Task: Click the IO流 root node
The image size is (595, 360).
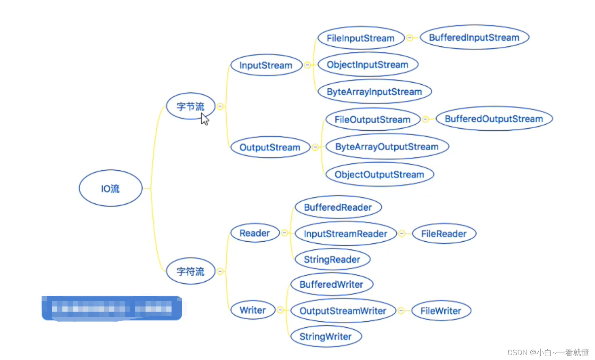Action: pos(110,188)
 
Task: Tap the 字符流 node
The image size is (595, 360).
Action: pos(190,271)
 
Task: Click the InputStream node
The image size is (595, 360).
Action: pos(266,65)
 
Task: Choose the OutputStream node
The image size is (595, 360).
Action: pos(270,147)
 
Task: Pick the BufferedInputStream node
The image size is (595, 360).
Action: pos(474,38)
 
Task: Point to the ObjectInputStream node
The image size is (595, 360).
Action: pos(367,64)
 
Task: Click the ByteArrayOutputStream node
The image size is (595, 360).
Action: pos(387,147)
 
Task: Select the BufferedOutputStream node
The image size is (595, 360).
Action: pos(494,119)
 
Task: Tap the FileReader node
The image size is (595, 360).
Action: pos(444,234)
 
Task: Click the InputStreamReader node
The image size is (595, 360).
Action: pos(345,234)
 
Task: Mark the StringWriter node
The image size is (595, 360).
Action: pos(325,336)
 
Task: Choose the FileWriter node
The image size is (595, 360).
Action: pos(441,310)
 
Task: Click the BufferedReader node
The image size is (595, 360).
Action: pos(338,207)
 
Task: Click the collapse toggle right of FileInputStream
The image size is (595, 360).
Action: pos(409,38)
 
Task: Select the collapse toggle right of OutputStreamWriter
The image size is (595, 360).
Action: pos(401,310)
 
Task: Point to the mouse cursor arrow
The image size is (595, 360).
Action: pos(204,119)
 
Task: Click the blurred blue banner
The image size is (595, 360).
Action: pos(112,308)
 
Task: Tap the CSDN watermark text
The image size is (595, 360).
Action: pos(548,352)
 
